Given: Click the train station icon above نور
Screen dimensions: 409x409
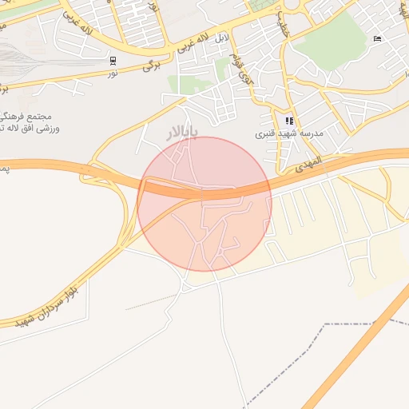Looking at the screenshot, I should (113, 61).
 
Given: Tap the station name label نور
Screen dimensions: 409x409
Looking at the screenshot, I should (113, 73).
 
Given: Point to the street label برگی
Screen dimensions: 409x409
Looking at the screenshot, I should (153, 66).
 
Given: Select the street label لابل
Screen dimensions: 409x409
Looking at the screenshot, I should (221, 37).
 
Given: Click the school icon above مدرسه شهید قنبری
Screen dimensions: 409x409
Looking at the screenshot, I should (289, 121).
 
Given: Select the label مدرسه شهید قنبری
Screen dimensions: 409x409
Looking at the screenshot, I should (288, 133).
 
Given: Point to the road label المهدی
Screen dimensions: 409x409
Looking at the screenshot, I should (307, 164).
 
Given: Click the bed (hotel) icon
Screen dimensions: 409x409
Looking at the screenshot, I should (378, 38).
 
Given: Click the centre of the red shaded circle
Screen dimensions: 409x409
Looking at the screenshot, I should (204, 204).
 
